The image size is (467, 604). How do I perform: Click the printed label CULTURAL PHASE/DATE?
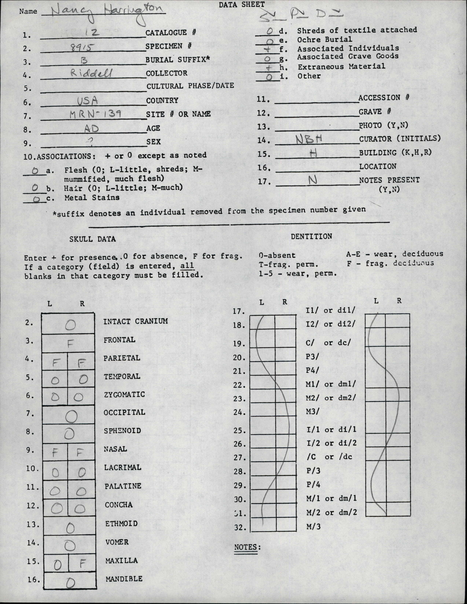(x=190, y=86)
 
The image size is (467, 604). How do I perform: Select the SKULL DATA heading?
(x=93, y=239)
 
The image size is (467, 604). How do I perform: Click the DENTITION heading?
(x=311, y=236)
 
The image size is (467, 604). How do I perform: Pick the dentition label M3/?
(x=312, y=412)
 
